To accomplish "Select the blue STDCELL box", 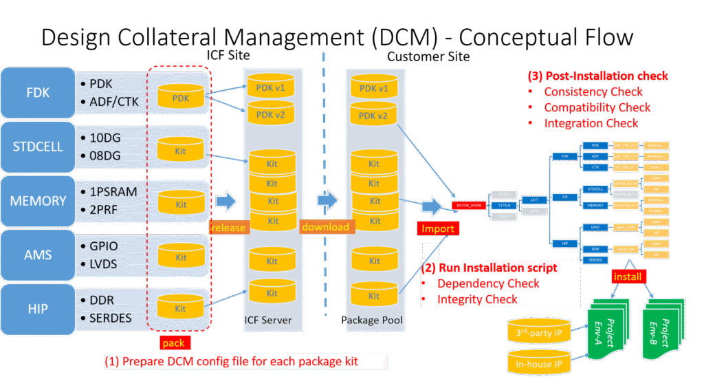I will click(38, 147).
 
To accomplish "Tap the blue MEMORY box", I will click(38, 201).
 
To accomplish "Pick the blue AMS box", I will click(38, 255).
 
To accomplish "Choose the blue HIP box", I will click(38, 309).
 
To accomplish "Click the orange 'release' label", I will click(228, 227).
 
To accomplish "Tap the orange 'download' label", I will click(326, 226).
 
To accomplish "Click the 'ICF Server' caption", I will click(269, 321).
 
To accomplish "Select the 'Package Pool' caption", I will click(373, 321).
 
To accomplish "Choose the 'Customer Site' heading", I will click(428, 57).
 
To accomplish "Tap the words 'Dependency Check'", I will click(488, 283).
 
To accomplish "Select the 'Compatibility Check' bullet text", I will click(597, 107).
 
